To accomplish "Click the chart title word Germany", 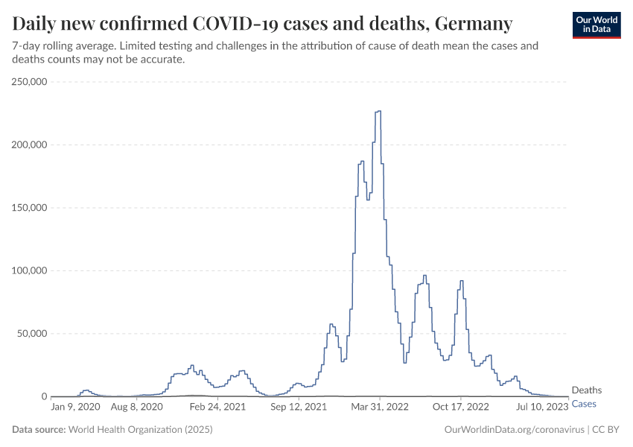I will point(473,24).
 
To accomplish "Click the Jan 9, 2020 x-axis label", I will point(75,407).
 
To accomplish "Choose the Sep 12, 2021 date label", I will point(299,407).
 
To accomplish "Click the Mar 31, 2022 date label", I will point(380,407).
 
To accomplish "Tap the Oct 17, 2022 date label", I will point(460,407).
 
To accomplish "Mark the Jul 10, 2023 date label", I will point(542,407).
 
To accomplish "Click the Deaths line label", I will point(586,390).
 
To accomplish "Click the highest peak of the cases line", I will point(379,111).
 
